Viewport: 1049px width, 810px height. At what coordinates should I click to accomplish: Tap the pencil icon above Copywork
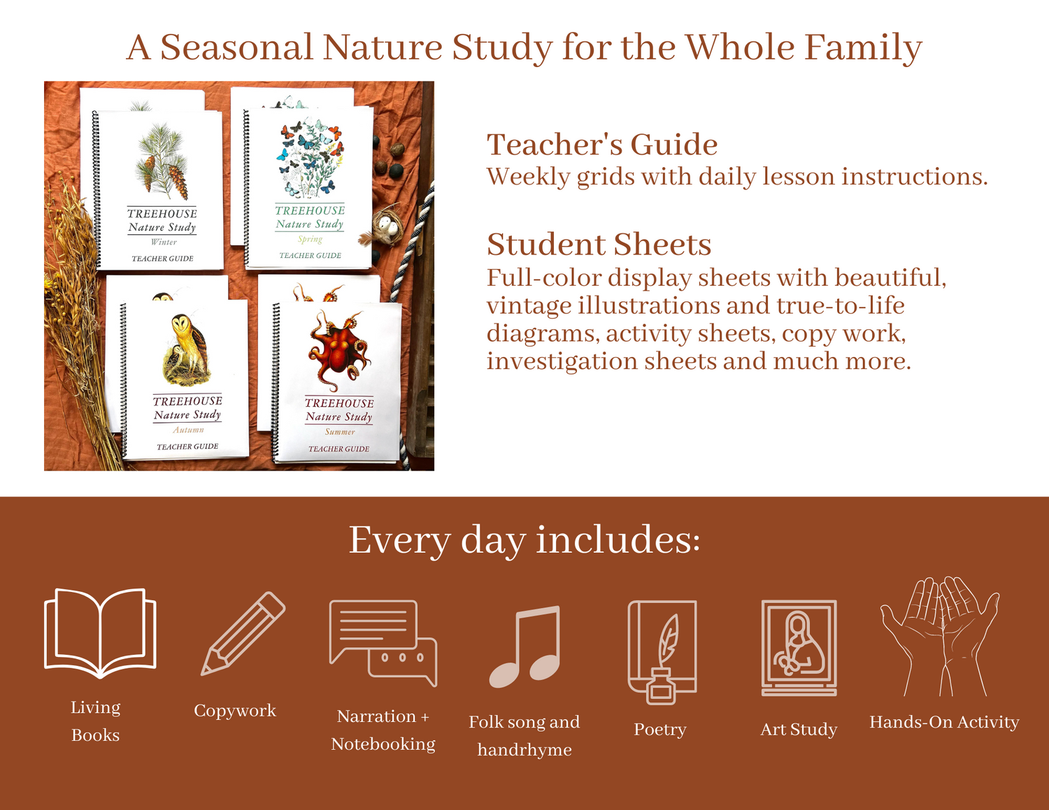coord(243,634)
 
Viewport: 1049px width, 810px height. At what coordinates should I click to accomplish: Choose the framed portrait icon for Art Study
coord(799,647)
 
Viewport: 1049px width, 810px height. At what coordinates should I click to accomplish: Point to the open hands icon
coord(939,637)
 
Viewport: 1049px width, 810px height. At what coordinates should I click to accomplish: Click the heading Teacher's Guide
coord(602,144)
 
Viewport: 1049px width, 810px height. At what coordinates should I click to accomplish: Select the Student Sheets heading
coord(599,244)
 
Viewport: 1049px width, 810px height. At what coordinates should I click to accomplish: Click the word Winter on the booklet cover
coord(164,242)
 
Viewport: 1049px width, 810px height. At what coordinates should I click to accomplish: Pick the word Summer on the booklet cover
coord(340,431)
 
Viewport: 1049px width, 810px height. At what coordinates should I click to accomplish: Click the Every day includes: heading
coord(524,540)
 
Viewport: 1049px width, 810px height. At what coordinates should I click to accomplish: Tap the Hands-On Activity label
coord(944,722)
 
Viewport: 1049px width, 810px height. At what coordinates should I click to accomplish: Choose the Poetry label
coord(660,730)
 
